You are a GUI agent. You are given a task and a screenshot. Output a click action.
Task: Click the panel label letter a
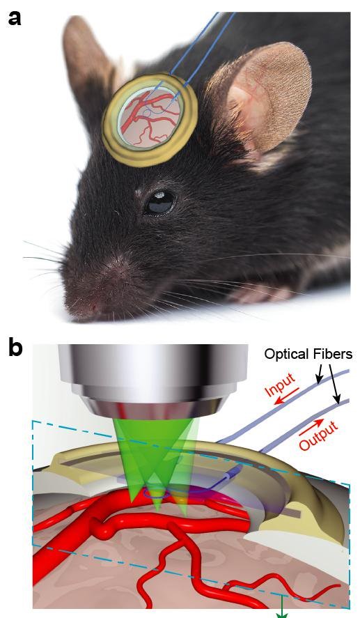pos(14,17)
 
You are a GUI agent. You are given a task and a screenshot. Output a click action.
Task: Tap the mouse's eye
pos(160,202)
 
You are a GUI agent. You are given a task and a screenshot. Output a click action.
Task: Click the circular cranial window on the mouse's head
pos(150,119)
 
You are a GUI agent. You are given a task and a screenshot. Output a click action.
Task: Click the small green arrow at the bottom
pos(281,608)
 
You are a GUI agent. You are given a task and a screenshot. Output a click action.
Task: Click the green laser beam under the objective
pos(155,457)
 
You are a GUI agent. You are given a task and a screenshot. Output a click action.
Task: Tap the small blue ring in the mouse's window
pos(147,113)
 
